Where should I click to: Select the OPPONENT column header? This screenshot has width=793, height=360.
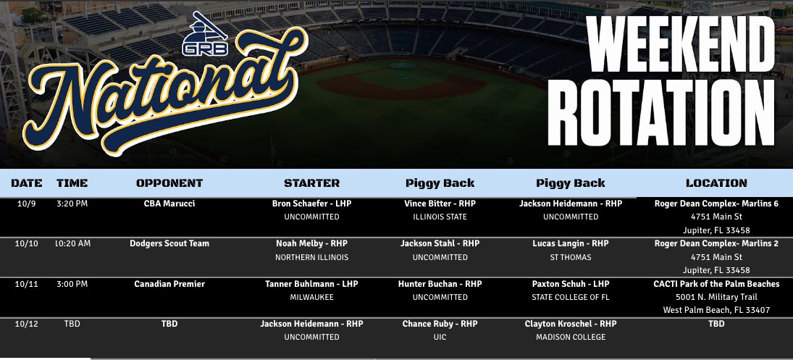click(169, 183)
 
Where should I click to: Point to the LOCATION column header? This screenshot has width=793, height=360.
click(716, 183)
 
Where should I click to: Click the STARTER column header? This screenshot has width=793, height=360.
click(311, 183)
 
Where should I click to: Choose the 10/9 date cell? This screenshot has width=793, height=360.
click(26, 204)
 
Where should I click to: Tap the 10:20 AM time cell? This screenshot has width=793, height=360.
click(73, 243)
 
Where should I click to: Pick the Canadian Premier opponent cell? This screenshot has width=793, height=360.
click(169, 284)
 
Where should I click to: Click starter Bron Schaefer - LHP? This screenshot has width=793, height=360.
click(311, 204)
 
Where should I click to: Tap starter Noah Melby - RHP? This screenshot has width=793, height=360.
click(311, 243)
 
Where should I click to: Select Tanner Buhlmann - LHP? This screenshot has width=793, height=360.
click(311, 284)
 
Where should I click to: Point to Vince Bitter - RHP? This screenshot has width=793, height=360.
click(440, 204)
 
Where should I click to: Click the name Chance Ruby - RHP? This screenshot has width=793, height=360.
click(440, 324)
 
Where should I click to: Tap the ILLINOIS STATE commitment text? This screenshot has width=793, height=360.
click(440, 217)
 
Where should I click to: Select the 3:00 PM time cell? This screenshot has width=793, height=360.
click(72, 284)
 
